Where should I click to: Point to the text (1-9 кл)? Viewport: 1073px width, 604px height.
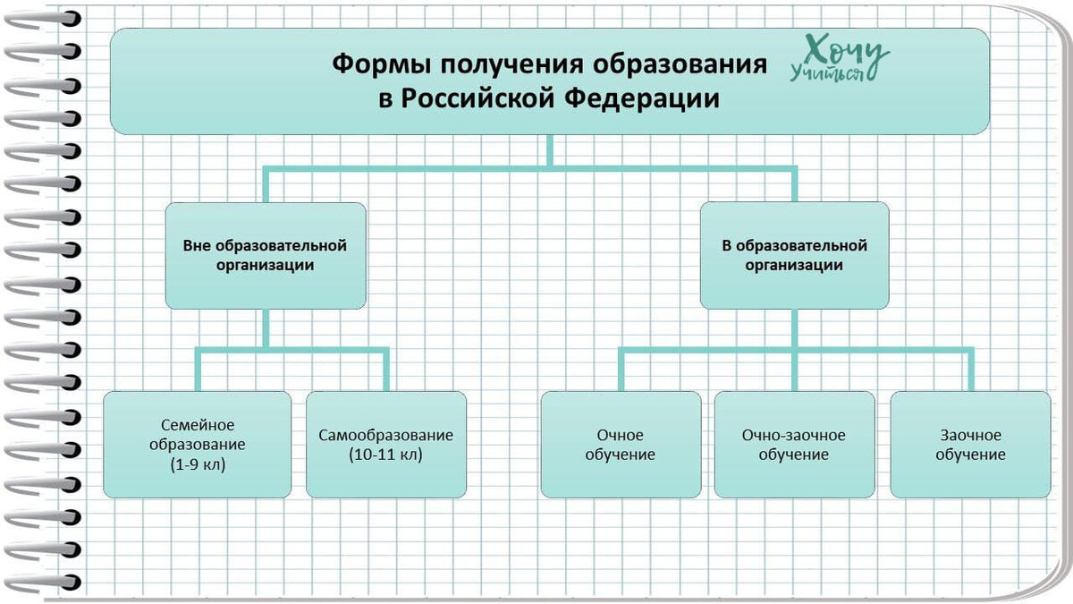[197, 464]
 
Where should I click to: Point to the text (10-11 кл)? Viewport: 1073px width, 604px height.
[385, 454]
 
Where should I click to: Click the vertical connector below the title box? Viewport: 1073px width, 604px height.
[549, 149]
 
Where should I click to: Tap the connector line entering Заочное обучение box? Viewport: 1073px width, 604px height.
[970, 371]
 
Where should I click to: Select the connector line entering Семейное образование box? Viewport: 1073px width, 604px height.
[198, 371]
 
